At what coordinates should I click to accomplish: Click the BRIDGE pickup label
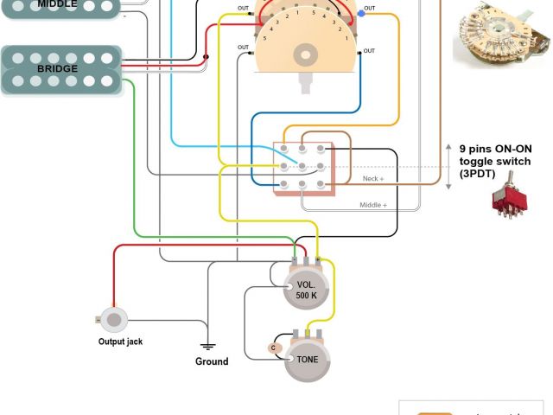click(58, 68)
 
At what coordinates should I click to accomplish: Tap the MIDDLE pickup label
click(58, 4)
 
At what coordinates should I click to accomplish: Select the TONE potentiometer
click(307, 357)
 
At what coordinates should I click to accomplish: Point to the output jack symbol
click(113, 319)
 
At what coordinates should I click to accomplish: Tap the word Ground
click(212, 361)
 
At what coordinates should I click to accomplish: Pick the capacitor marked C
click(273, 348)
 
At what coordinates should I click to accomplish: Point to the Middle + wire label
click(373, 206)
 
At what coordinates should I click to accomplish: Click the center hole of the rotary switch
click(306, 54)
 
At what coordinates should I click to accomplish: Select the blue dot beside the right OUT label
click(359, 11)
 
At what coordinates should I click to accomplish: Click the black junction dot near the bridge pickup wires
click(206, 58)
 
